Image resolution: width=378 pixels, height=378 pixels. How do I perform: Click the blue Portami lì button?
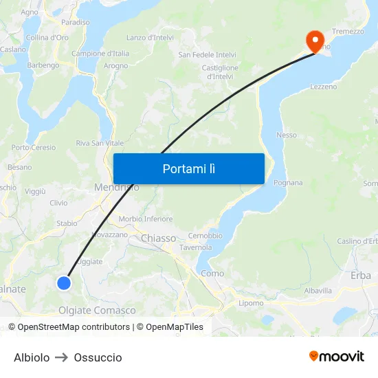(188, 168)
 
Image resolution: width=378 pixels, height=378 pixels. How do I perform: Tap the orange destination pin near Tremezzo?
(315, 41)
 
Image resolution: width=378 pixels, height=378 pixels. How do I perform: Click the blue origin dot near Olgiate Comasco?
(64, 282)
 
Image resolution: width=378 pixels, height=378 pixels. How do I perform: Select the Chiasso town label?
(159, 238)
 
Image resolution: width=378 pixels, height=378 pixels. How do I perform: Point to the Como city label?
(212, 274)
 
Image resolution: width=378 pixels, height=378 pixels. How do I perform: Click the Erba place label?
(360, 275)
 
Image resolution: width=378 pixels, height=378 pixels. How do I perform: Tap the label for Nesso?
(287, 135)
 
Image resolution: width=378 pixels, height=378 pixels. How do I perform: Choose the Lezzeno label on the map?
(323, 87)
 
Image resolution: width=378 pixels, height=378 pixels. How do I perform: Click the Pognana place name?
(288, 183)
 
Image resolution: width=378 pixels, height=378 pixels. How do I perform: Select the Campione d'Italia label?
(100, 54)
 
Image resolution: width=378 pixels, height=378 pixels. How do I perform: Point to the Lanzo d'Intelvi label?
(150, 38)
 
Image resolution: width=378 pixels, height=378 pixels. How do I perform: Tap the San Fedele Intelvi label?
(207, 55)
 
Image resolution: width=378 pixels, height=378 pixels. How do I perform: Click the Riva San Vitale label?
(100, 143)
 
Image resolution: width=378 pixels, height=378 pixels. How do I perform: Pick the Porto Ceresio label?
(34, 147)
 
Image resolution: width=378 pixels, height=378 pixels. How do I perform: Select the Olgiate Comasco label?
(97, 310)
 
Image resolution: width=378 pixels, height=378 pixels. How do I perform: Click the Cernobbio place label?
(205, 236)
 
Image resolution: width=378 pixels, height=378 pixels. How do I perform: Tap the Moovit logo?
(336, 356)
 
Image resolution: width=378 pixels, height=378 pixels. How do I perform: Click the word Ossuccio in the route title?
(98, 357)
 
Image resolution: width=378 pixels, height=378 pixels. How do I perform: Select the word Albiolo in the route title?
(32, 357)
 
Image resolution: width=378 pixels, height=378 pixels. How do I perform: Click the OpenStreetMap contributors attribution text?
(74, 327)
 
